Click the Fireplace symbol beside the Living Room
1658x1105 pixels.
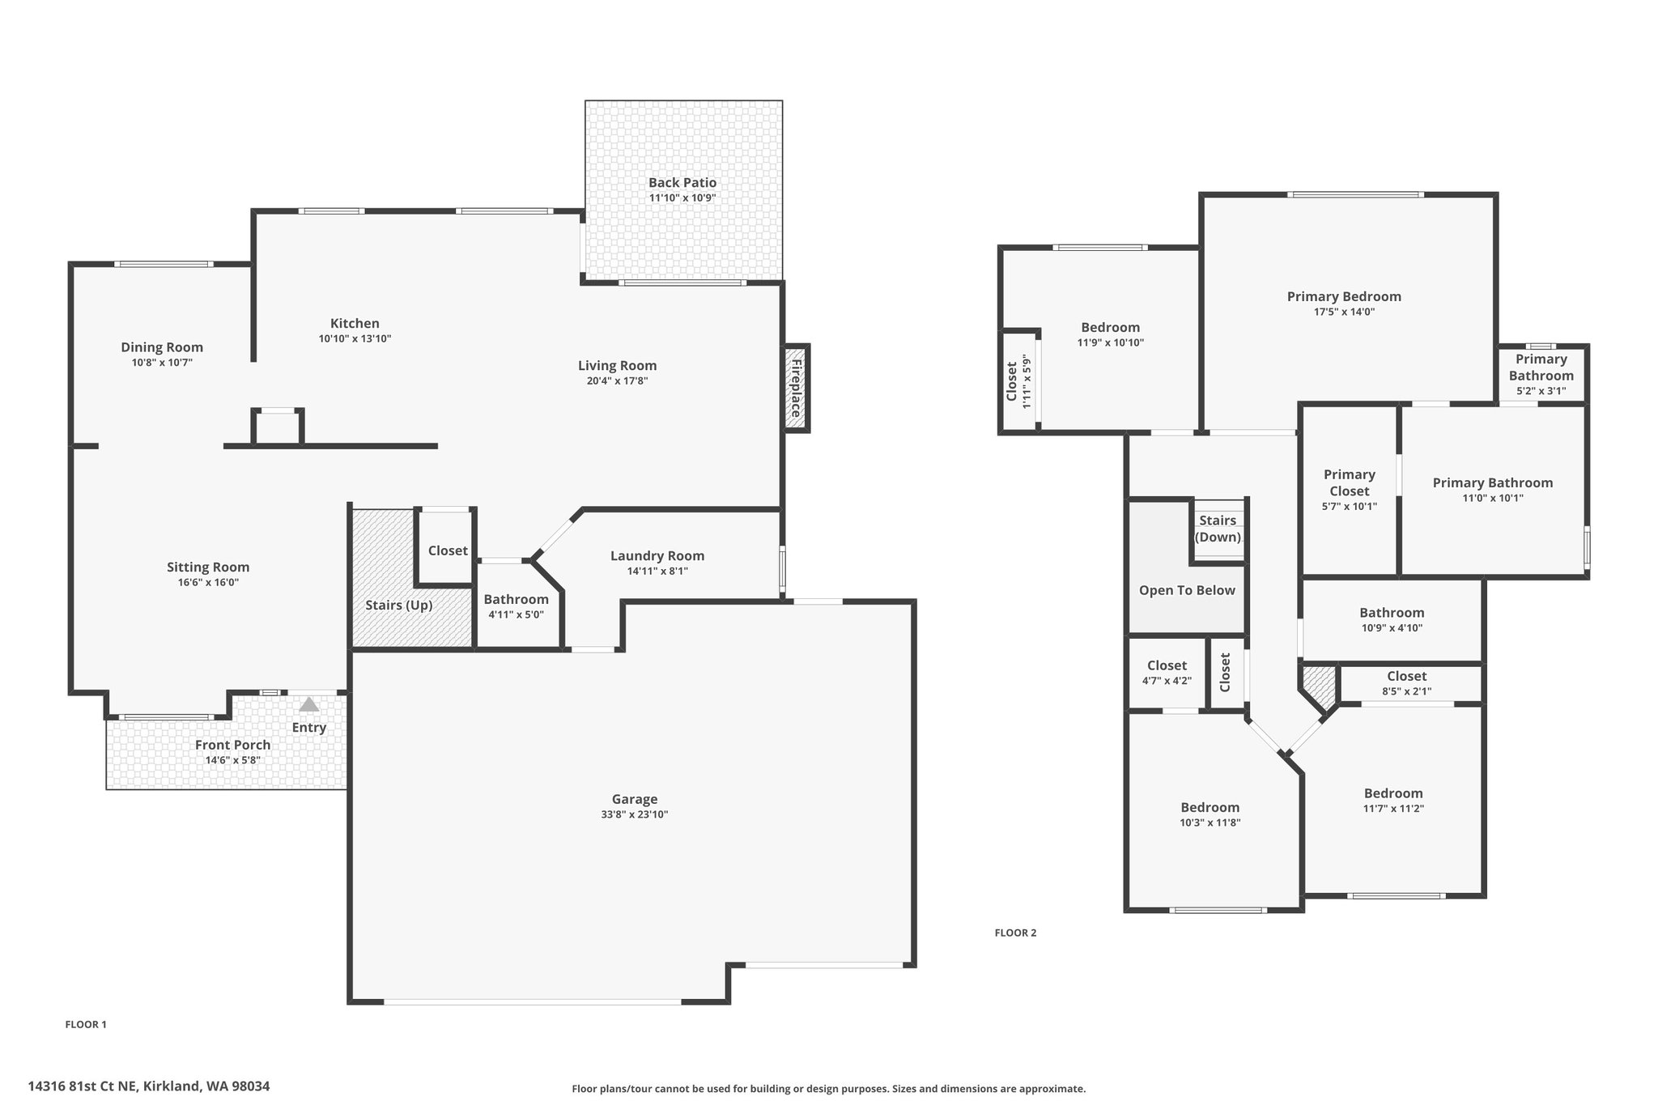(x=796, y=387)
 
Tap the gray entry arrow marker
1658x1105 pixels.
(x=309, y=704)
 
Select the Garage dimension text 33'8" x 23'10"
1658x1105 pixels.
(x=634, y=815)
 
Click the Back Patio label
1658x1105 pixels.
(x=682, y=183)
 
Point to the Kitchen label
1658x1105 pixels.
(x=355, y=323)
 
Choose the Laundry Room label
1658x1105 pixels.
(x=657, y=555)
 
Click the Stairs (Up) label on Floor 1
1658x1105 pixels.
(x=399, y=605)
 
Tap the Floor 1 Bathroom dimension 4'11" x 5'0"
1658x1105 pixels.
(x=516, y=614)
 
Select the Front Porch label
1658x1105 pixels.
(x=233, y=745)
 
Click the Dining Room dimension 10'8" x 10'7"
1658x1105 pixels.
(x=162, y=363)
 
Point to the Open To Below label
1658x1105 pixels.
(x=1187, y=590)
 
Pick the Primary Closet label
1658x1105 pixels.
(x=1350, y=482)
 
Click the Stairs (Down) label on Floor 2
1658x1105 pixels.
(x=1218, y=529)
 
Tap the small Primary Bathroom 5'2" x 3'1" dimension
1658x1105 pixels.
(x=1541, y=391)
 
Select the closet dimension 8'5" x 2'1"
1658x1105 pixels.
(x=1407, y=691)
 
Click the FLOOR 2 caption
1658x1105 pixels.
(x=1015, y=933)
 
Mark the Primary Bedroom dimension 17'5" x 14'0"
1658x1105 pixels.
(x=1344, y=312)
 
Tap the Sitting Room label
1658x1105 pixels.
(x=208, y=567)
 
